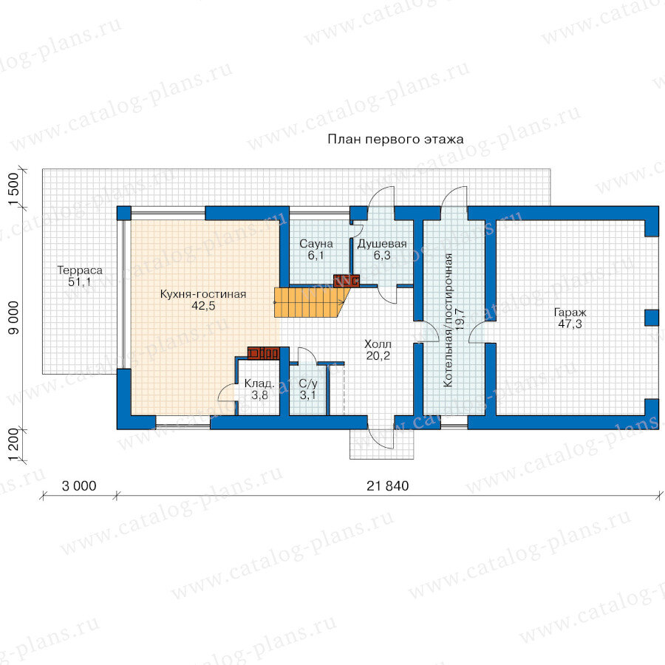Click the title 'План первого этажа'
pyautogui.click(x=395, y=140)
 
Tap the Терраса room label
pyautogui.click(x=80, y=270)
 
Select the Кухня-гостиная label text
pyautogui.click(x=203, y=294)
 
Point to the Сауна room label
pyautogui.click(x=316, y=244)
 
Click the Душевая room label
pyautogui.click(x=382, y=244)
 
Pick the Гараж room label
pyautogui.click(x=570, y=313)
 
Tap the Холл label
pyautogui.click(x=378, y=344)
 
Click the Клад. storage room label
pyautogui.click(x=259, y=383)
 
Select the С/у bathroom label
pyautogui.click(x=308, y=383)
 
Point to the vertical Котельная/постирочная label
pyautogui.click(x=448, y=320)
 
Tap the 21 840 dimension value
pyautogui.click(x=388, y=486)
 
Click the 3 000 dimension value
pyautogui.click(x=79, y=486)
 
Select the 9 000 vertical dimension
pyautogui.click(x=14, y=318)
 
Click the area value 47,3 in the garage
pyautogui.click(x=570, y=324)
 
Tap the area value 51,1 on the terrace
pyautogui.click(x=80, y=282)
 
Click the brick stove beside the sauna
pyautogui.click(x=347, y=281)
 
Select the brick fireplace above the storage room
pyautogui.click(x=263, y=353)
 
